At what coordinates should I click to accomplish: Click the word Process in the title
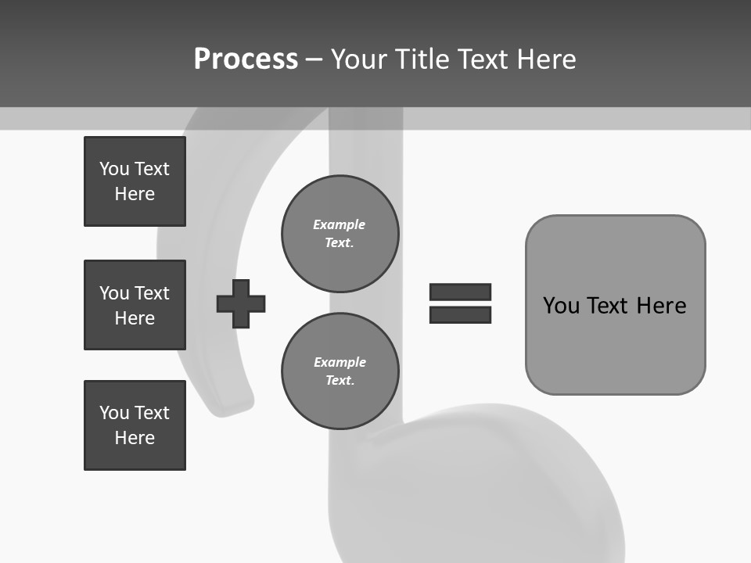(246, 59)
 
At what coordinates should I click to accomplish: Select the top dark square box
(135, 181)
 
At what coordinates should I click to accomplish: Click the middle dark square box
(135, 305)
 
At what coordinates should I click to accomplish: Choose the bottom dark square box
(135, 425)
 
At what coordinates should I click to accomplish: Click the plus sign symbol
(241, 303)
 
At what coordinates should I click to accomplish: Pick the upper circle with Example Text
(340, 233)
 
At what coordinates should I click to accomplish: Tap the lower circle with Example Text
(340, 371)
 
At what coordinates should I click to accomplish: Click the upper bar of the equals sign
(460, 292)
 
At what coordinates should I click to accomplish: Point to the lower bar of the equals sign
(460, 314)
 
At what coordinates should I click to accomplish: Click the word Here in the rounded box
(661, 306)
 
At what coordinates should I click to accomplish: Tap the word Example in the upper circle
(339, 224)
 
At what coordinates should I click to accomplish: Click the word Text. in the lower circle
(340, 381)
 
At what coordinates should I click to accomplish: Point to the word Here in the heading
(546, 59)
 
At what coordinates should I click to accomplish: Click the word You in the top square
(114, 169)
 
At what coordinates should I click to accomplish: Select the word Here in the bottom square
(135, 438)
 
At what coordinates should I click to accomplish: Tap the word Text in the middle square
(152, 293)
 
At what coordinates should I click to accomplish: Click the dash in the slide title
(314, 59)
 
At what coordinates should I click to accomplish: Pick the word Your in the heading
(359, 59)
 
